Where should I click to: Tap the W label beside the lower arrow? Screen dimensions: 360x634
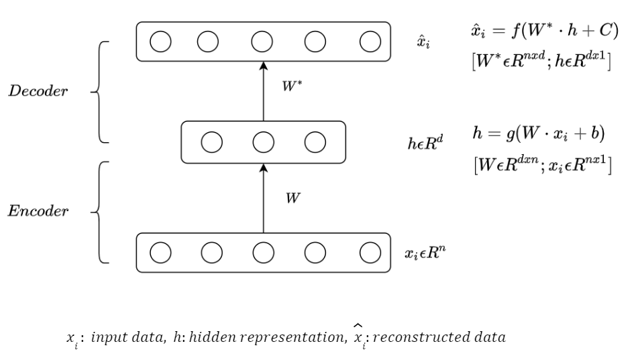click(x=293, y=199)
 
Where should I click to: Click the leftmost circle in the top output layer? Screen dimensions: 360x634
click(x=160, y=42)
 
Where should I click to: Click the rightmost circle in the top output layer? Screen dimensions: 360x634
click(x=370, y=42)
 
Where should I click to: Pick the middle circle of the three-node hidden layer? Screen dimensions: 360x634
click(x=263, y=141)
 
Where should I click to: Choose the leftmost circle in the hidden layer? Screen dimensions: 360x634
click(x=213, y=141)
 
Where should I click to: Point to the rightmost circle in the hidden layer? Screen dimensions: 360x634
click(x=315, y=141)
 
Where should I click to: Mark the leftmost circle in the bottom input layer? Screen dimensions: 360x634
click(x=160, y=252)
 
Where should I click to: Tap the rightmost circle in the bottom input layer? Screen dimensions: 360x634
click(x=370, y=252)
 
